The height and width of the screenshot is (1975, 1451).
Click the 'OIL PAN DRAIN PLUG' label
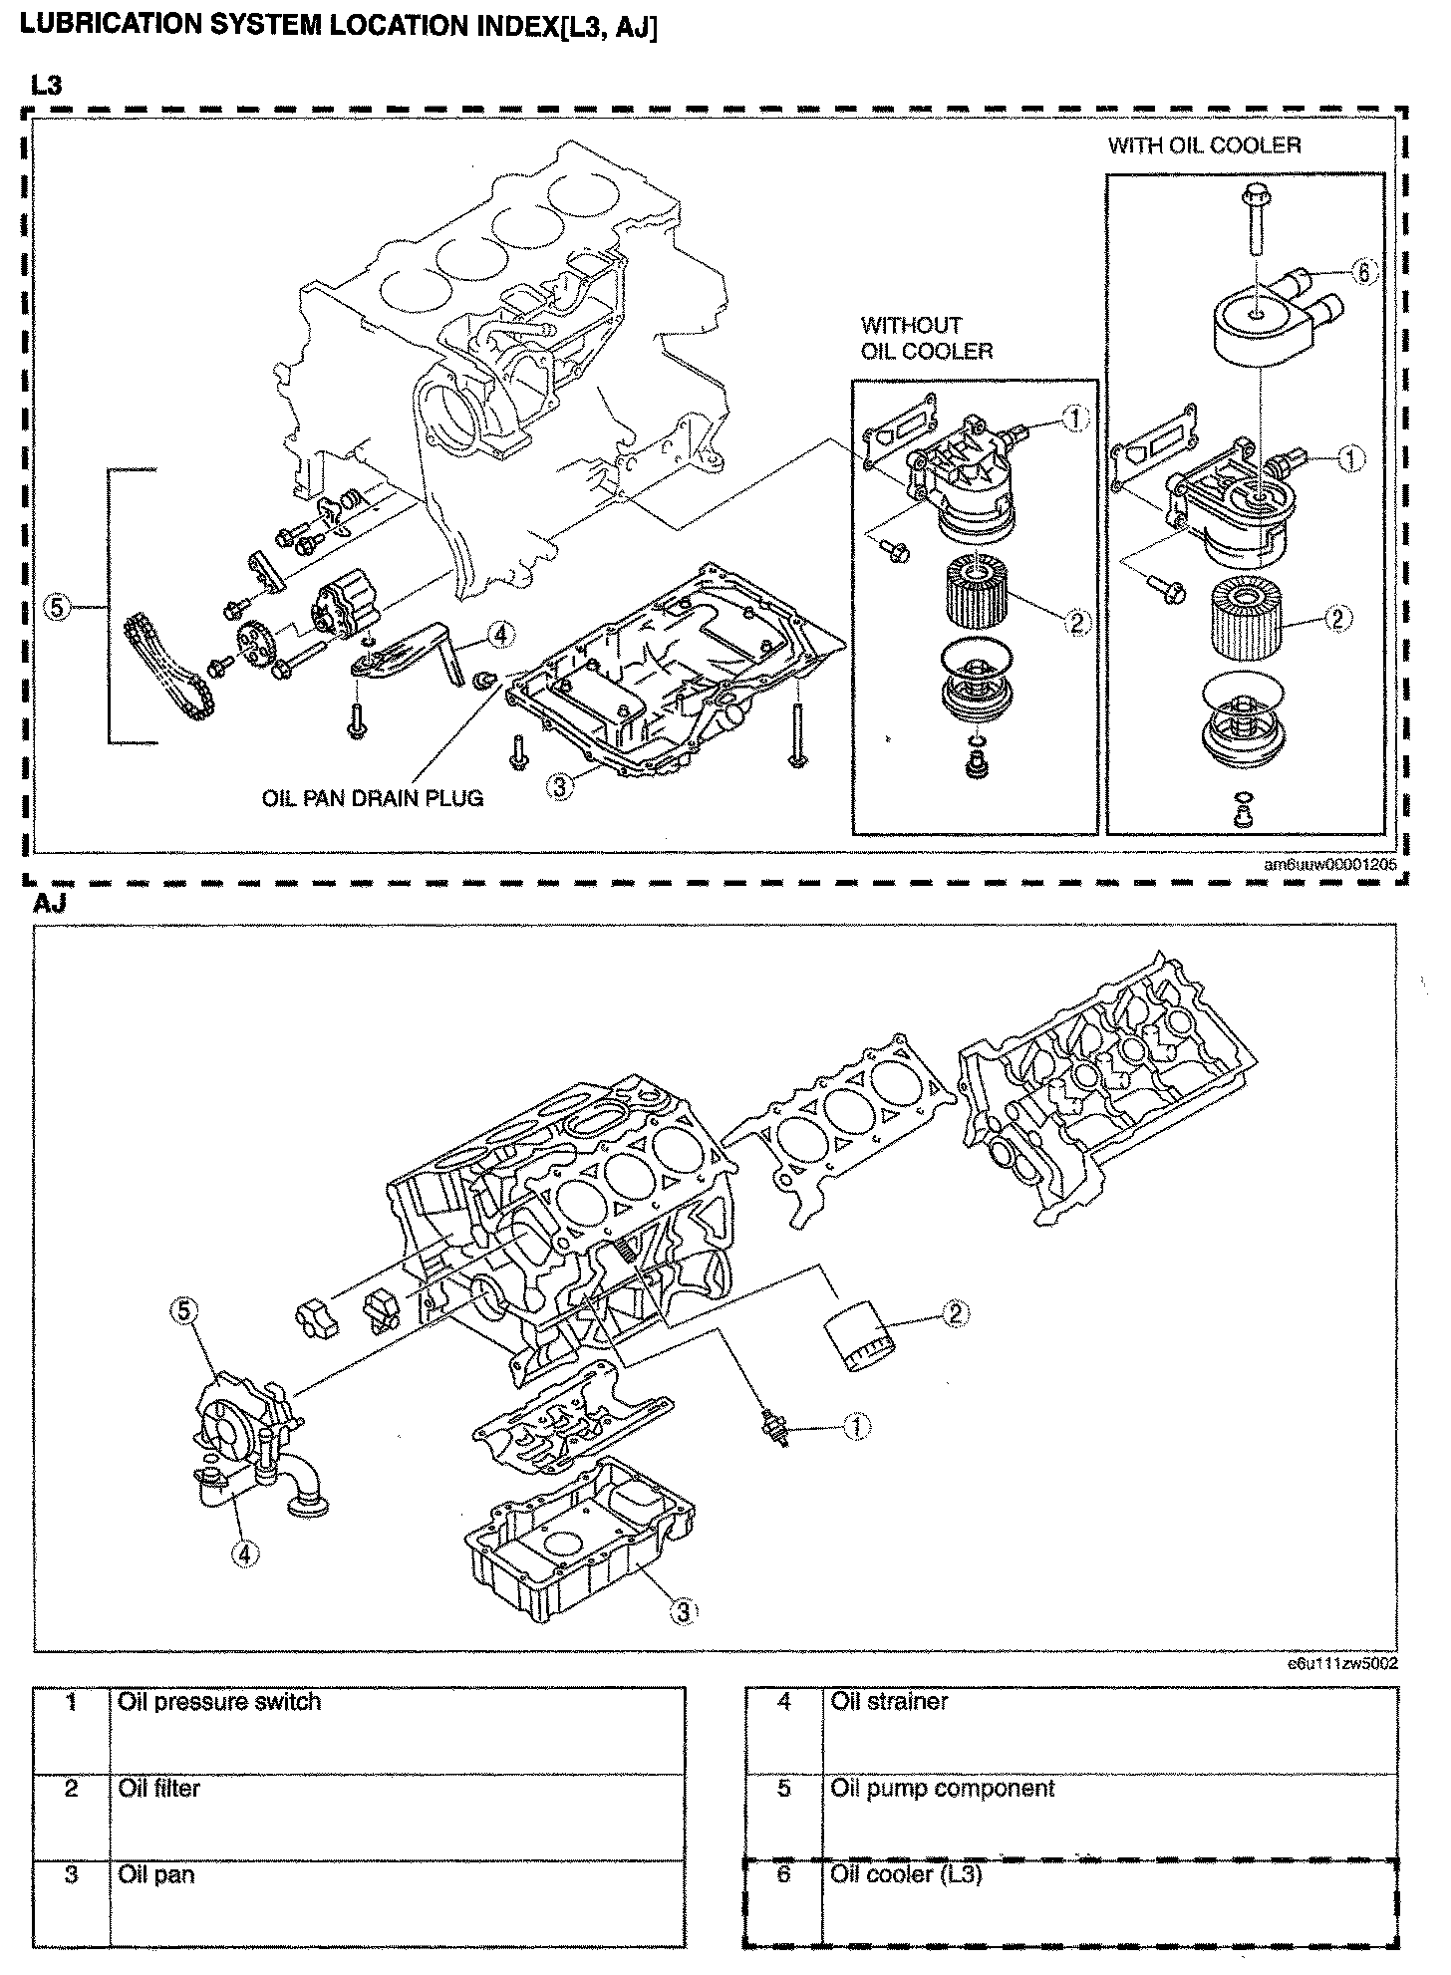coord(373,798)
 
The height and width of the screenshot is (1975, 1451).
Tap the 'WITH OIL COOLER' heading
coord(1204,145)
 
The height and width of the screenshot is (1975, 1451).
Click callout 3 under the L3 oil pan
coord(561,786)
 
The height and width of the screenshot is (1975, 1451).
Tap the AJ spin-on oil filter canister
coord(859,1338)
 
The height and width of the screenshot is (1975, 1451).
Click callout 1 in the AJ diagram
coord(857,1427)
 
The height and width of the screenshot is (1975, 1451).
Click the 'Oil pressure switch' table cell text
coord(219,1702)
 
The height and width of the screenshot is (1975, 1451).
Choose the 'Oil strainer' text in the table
coord(889,1702)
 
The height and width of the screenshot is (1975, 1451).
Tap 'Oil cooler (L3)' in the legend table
coord(906,1874)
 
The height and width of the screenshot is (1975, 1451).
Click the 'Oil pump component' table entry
coord(942,1789)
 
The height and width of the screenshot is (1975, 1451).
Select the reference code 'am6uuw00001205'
coord(1330,864)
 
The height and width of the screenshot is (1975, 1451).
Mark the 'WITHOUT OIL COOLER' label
coord(926,338)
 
